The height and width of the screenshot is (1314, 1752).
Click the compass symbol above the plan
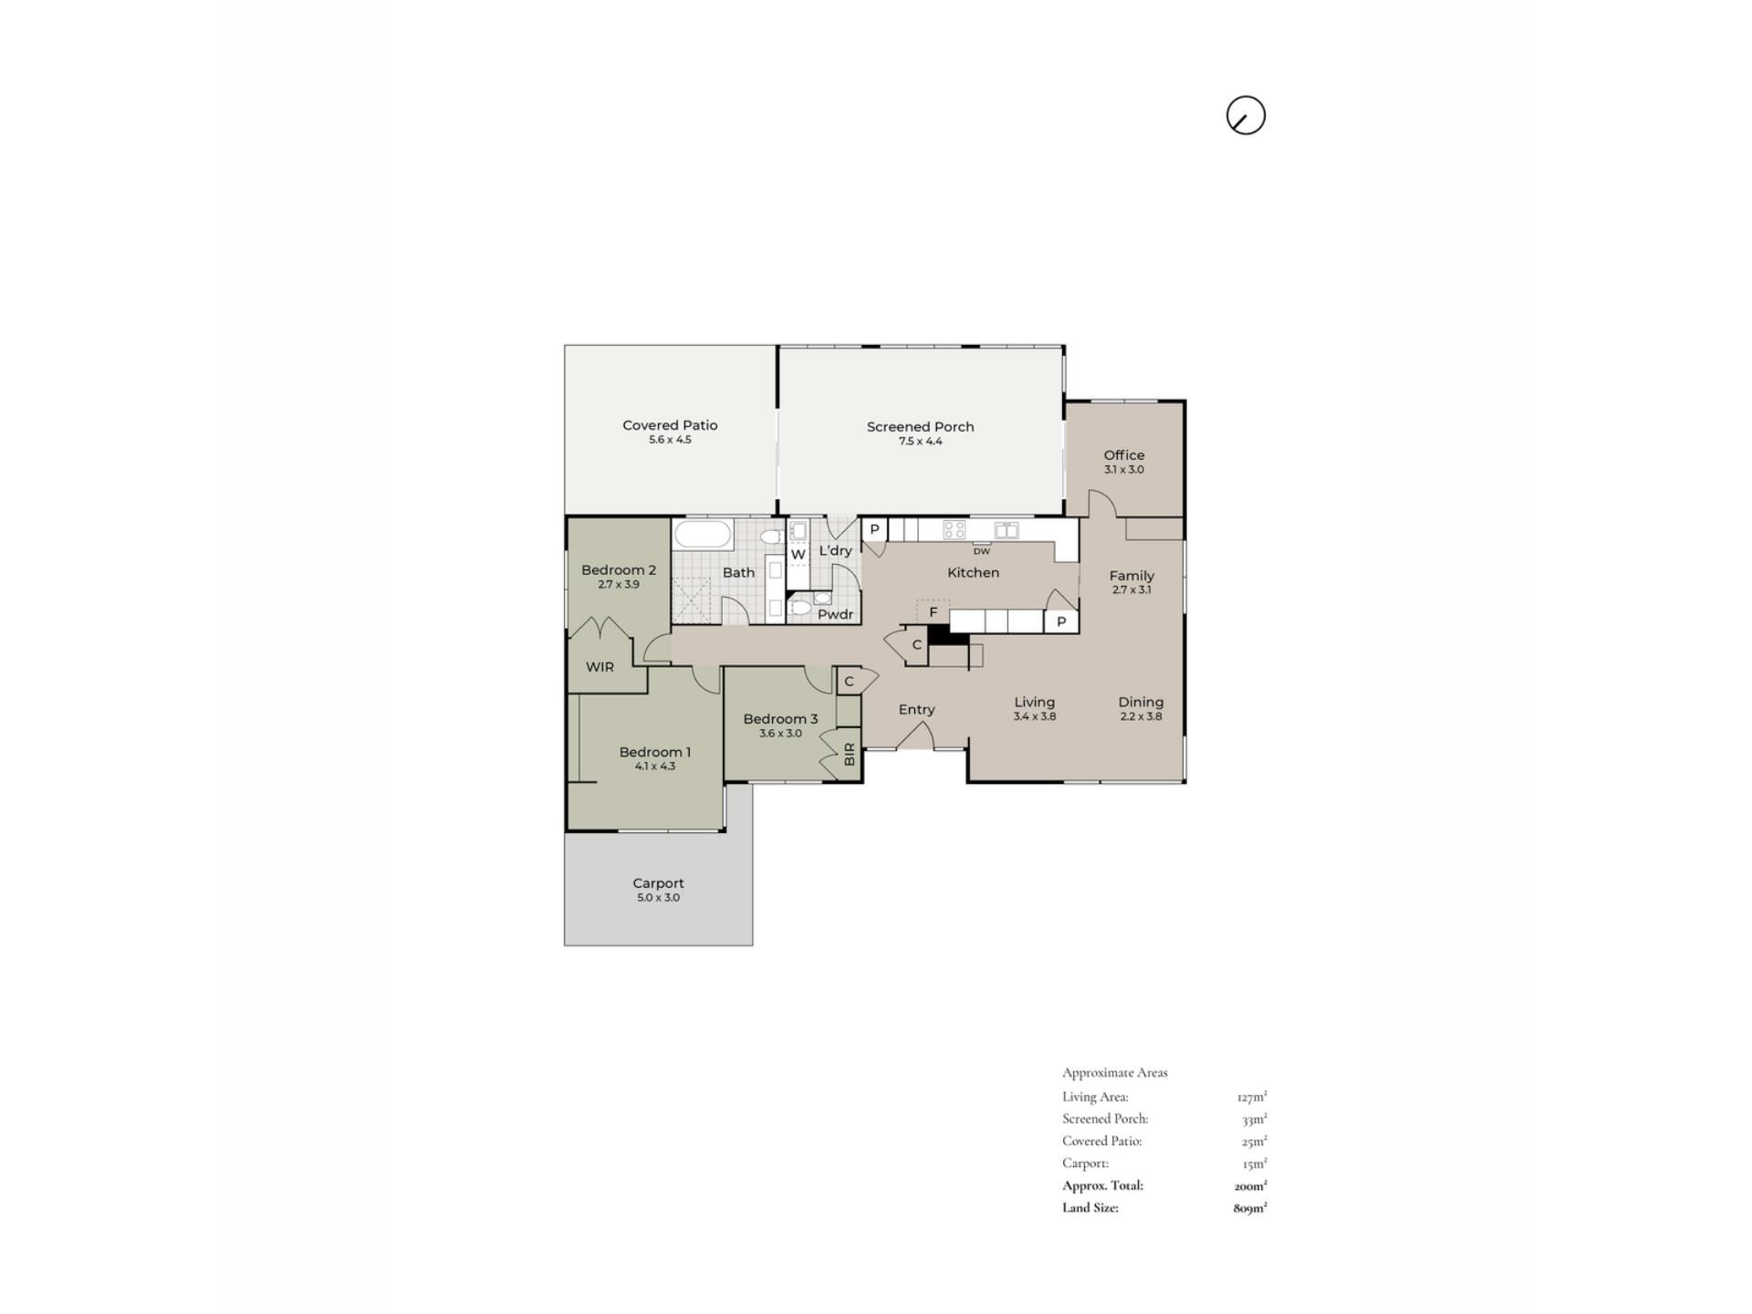click(1246, 116)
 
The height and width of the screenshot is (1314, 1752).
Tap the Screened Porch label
click(920, 426)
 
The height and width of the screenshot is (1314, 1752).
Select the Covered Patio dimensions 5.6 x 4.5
click(670, 440)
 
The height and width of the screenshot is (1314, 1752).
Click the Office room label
click(1123, 454)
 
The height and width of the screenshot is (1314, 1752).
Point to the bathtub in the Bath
click(702, 534)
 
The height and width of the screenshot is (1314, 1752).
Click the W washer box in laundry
click(798, 554)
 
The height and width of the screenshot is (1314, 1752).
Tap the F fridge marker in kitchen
click(933, 612)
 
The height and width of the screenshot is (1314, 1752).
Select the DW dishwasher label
click(981, 551)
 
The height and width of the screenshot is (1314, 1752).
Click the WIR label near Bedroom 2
click(600, 667)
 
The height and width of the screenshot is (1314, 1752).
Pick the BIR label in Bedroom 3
click(850, 754)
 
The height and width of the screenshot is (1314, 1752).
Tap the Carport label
click(658, 883)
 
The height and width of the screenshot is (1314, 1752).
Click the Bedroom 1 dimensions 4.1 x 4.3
click(655, 766)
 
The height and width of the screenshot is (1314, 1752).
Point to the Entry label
click(916, 710)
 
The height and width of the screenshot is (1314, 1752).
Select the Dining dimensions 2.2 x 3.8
click(1141, 716)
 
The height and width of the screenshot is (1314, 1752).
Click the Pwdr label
click(835, 614)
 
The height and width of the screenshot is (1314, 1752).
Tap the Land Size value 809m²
click(1250, 1208)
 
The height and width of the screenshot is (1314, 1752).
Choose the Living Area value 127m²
click(1252, 1097)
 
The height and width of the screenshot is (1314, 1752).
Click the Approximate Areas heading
click(1115, 1073)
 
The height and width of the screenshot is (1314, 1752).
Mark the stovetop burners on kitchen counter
click(954, 530)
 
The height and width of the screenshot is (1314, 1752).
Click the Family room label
click(1131, 576)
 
